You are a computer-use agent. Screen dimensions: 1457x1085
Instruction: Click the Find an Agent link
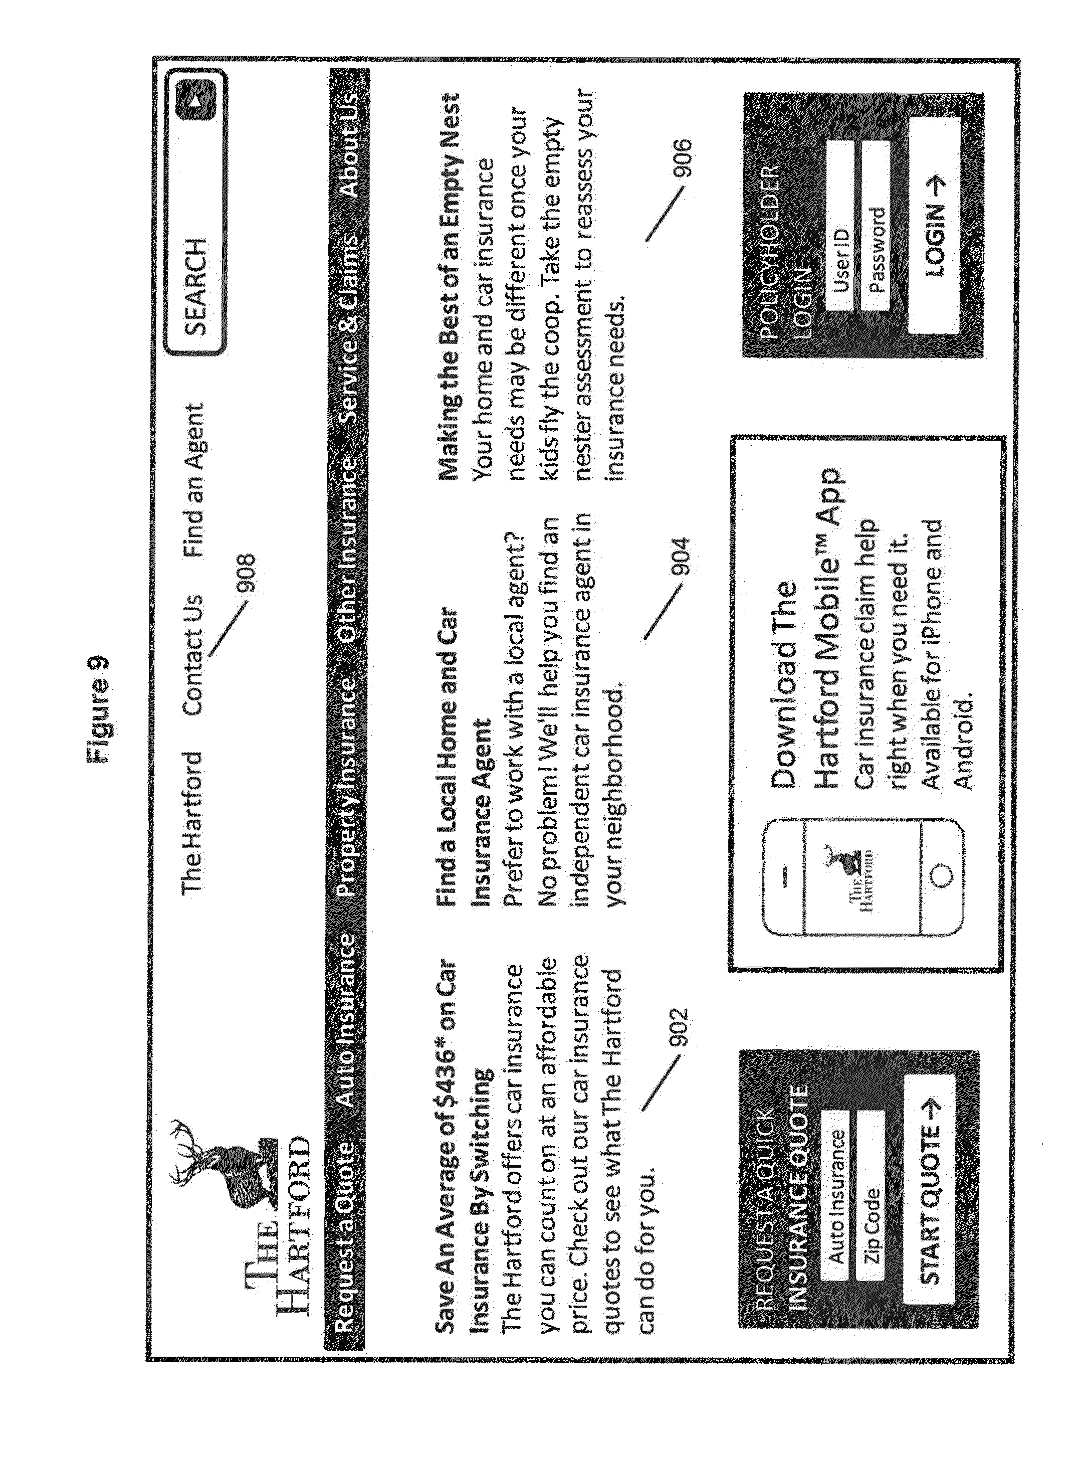(194, 479)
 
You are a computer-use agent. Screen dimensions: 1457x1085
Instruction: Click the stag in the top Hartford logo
(224, 1169)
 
